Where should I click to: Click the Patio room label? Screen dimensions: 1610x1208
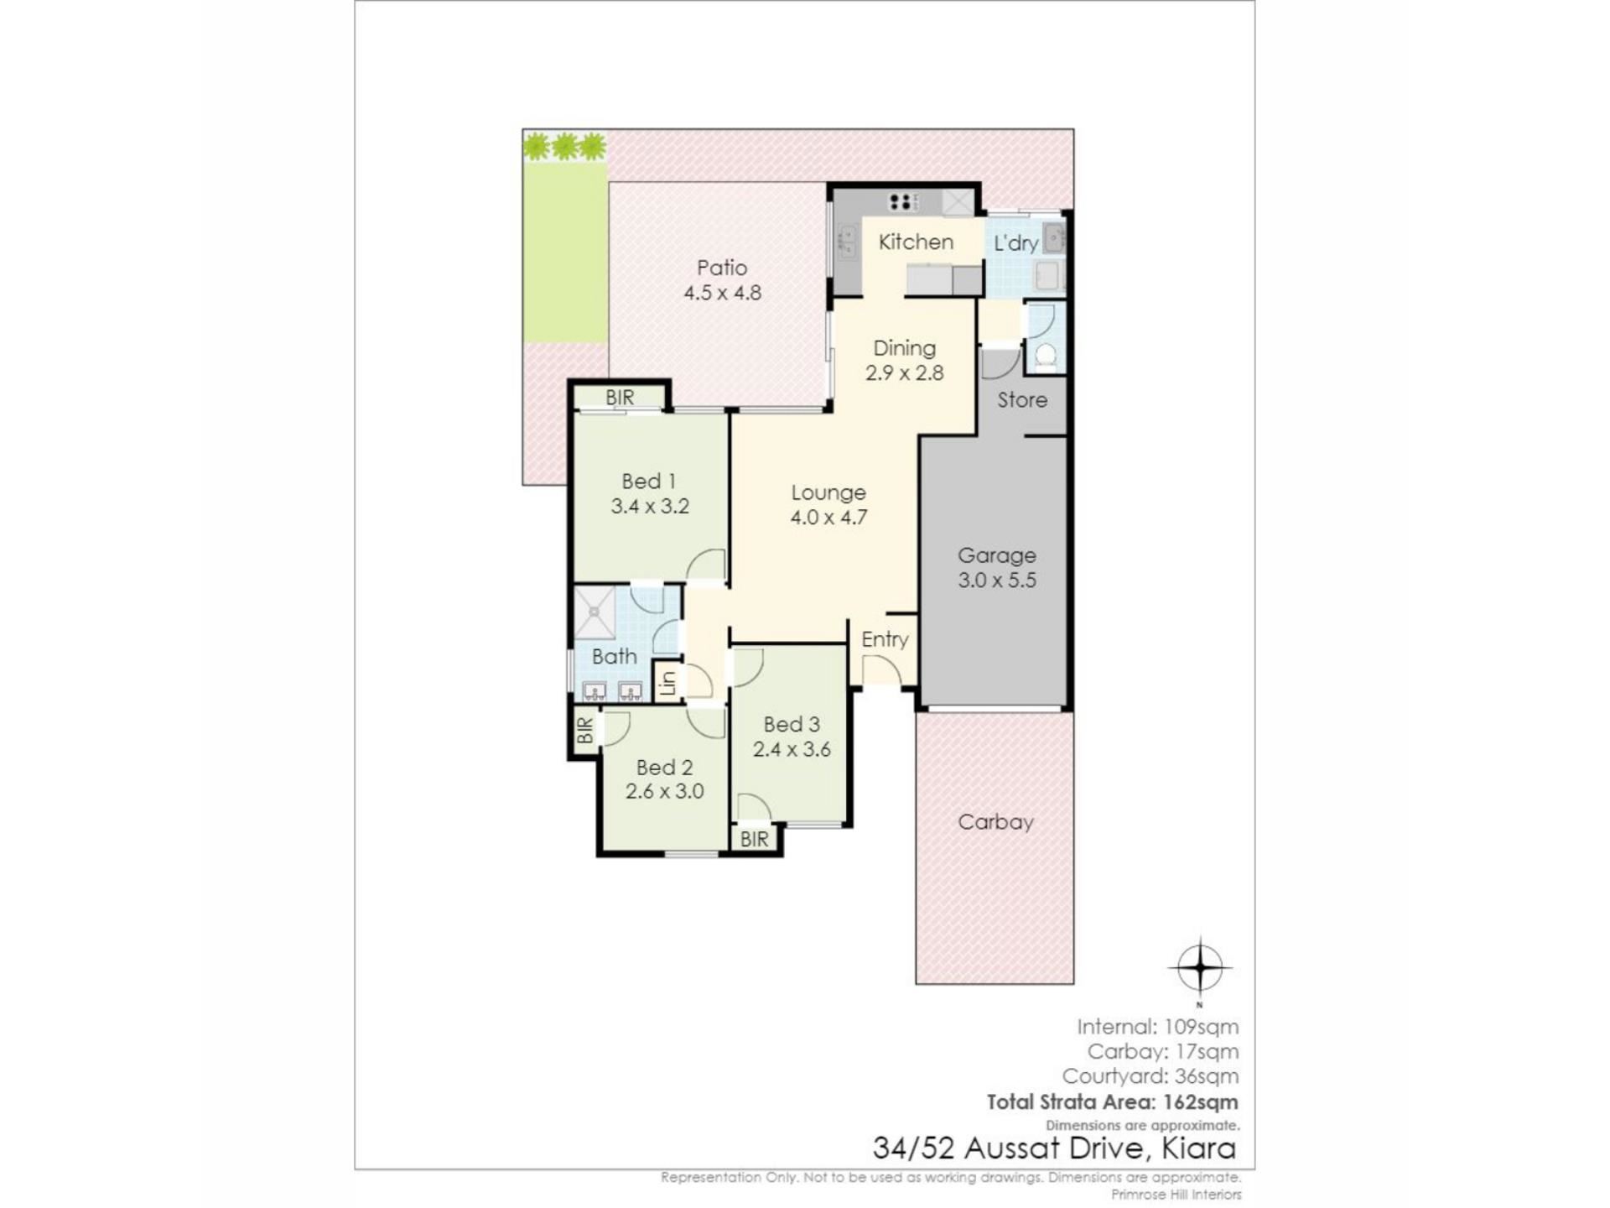point(722,268)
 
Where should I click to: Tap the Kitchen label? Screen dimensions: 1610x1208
point(916,242)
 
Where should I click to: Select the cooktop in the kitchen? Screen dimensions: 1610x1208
point(903,201)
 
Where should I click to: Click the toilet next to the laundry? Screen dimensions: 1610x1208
point(1045,356)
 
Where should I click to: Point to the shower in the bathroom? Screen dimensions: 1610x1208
point(595,612)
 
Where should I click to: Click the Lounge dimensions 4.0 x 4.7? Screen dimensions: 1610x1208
point(828,518)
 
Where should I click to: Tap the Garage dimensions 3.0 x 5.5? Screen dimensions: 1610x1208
point(997,580)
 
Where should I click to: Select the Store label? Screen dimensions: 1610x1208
point(1022,400)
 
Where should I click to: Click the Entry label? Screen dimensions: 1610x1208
point(885,639)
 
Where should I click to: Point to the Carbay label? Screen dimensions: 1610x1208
point(995,822)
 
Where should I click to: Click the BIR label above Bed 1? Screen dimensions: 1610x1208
point(620,398)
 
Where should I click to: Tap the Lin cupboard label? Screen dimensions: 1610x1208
point(667,683)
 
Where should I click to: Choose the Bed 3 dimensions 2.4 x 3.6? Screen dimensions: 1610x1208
point(792,749)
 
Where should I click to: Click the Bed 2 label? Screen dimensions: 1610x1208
point(664,767)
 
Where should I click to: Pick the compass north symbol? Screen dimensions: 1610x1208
point(1200,968)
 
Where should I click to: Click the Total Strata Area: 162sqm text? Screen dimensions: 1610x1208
point(1112,1101)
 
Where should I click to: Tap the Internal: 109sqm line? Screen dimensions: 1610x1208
point(1157,1026)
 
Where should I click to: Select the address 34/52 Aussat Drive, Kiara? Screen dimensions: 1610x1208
point(1054,1148)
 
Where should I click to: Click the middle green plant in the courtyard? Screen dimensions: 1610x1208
point(565,147)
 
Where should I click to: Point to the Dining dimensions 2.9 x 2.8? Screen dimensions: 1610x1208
point(904,373)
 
